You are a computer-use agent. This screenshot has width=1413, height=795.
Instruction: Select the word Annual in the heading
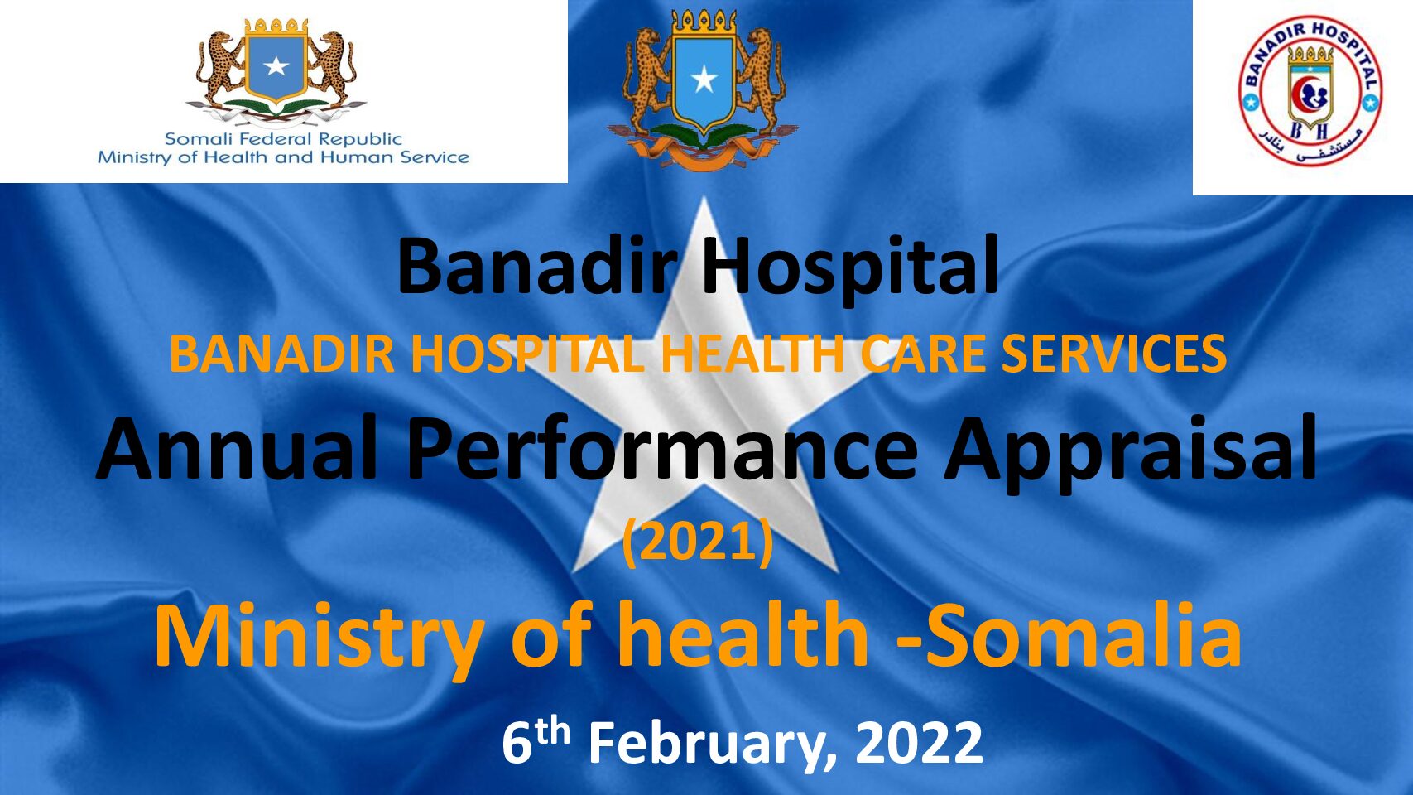click(x=238, y=449)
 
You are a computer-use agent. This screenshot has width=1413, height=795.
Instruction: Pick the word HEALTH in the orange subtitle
click(x=751, y=354)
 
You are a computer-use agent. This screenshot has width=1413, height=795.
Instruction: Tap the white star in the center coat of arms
click(x=704, y=80)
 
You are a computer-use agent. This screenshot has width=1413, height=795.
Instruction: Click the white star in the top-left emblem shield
click(x=276, y=66)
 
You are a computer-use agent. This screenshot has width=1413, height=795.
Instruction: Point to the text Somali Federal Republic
click(x=283, y=139)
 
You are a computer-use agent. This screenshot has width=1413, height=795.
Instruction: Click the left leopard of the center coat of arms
click(x=646, y=79)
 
